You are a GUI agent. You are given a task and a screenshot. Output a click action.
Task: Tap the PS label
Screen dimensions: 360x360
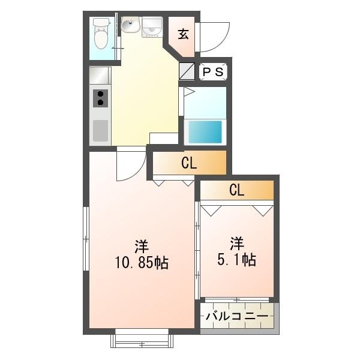[212, 72]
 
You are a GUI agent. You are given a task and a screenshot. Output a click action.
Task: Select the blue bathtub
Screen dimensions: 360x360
[205, 131]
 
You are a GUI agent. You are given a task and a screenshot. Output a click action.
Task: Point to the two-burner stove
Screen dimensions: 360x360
[100, 98]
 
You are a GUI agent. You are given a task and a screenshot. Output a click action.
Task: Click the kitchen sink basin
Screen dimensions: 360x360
[100, 129]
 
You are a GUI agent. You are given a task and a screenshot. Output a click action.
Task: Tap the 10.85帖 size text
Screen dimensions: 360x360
[142, 262]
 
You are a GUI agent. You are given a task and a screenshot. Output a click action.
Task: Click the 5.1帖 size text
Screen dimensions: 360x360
[236, 260]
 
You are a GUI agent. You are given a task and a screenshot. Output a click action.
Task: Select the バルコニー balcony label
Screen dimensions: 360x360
[237, 316]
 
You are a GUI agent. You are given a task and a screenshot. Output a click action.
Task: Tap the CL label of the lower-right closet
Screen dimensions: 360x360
[236, 191]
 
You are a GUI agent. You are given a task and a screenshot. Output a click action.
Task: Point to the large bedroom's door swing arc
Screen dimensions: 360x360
[130, 166]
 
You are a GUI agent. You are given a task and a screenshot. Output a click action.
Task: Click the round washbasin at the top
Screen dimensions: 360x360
[130, 25]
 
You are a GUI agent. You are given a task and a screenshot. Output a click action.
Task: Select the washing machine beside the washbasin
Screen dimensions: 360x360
[152, 27]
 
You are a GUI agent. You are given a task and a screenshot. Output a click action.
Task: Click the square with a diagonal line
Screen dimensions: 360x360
[187, 71]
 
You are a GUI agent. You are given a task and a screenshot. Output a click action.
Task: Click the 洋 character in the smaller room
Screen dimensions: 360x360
[237, 244]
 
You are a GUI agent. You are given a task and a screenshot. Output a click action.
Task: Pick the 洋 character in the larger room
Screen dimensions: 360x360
[142, 246]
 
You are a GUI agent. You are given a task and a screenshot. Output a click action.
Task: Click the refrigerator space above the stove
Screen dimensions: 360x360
[100, 75]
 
